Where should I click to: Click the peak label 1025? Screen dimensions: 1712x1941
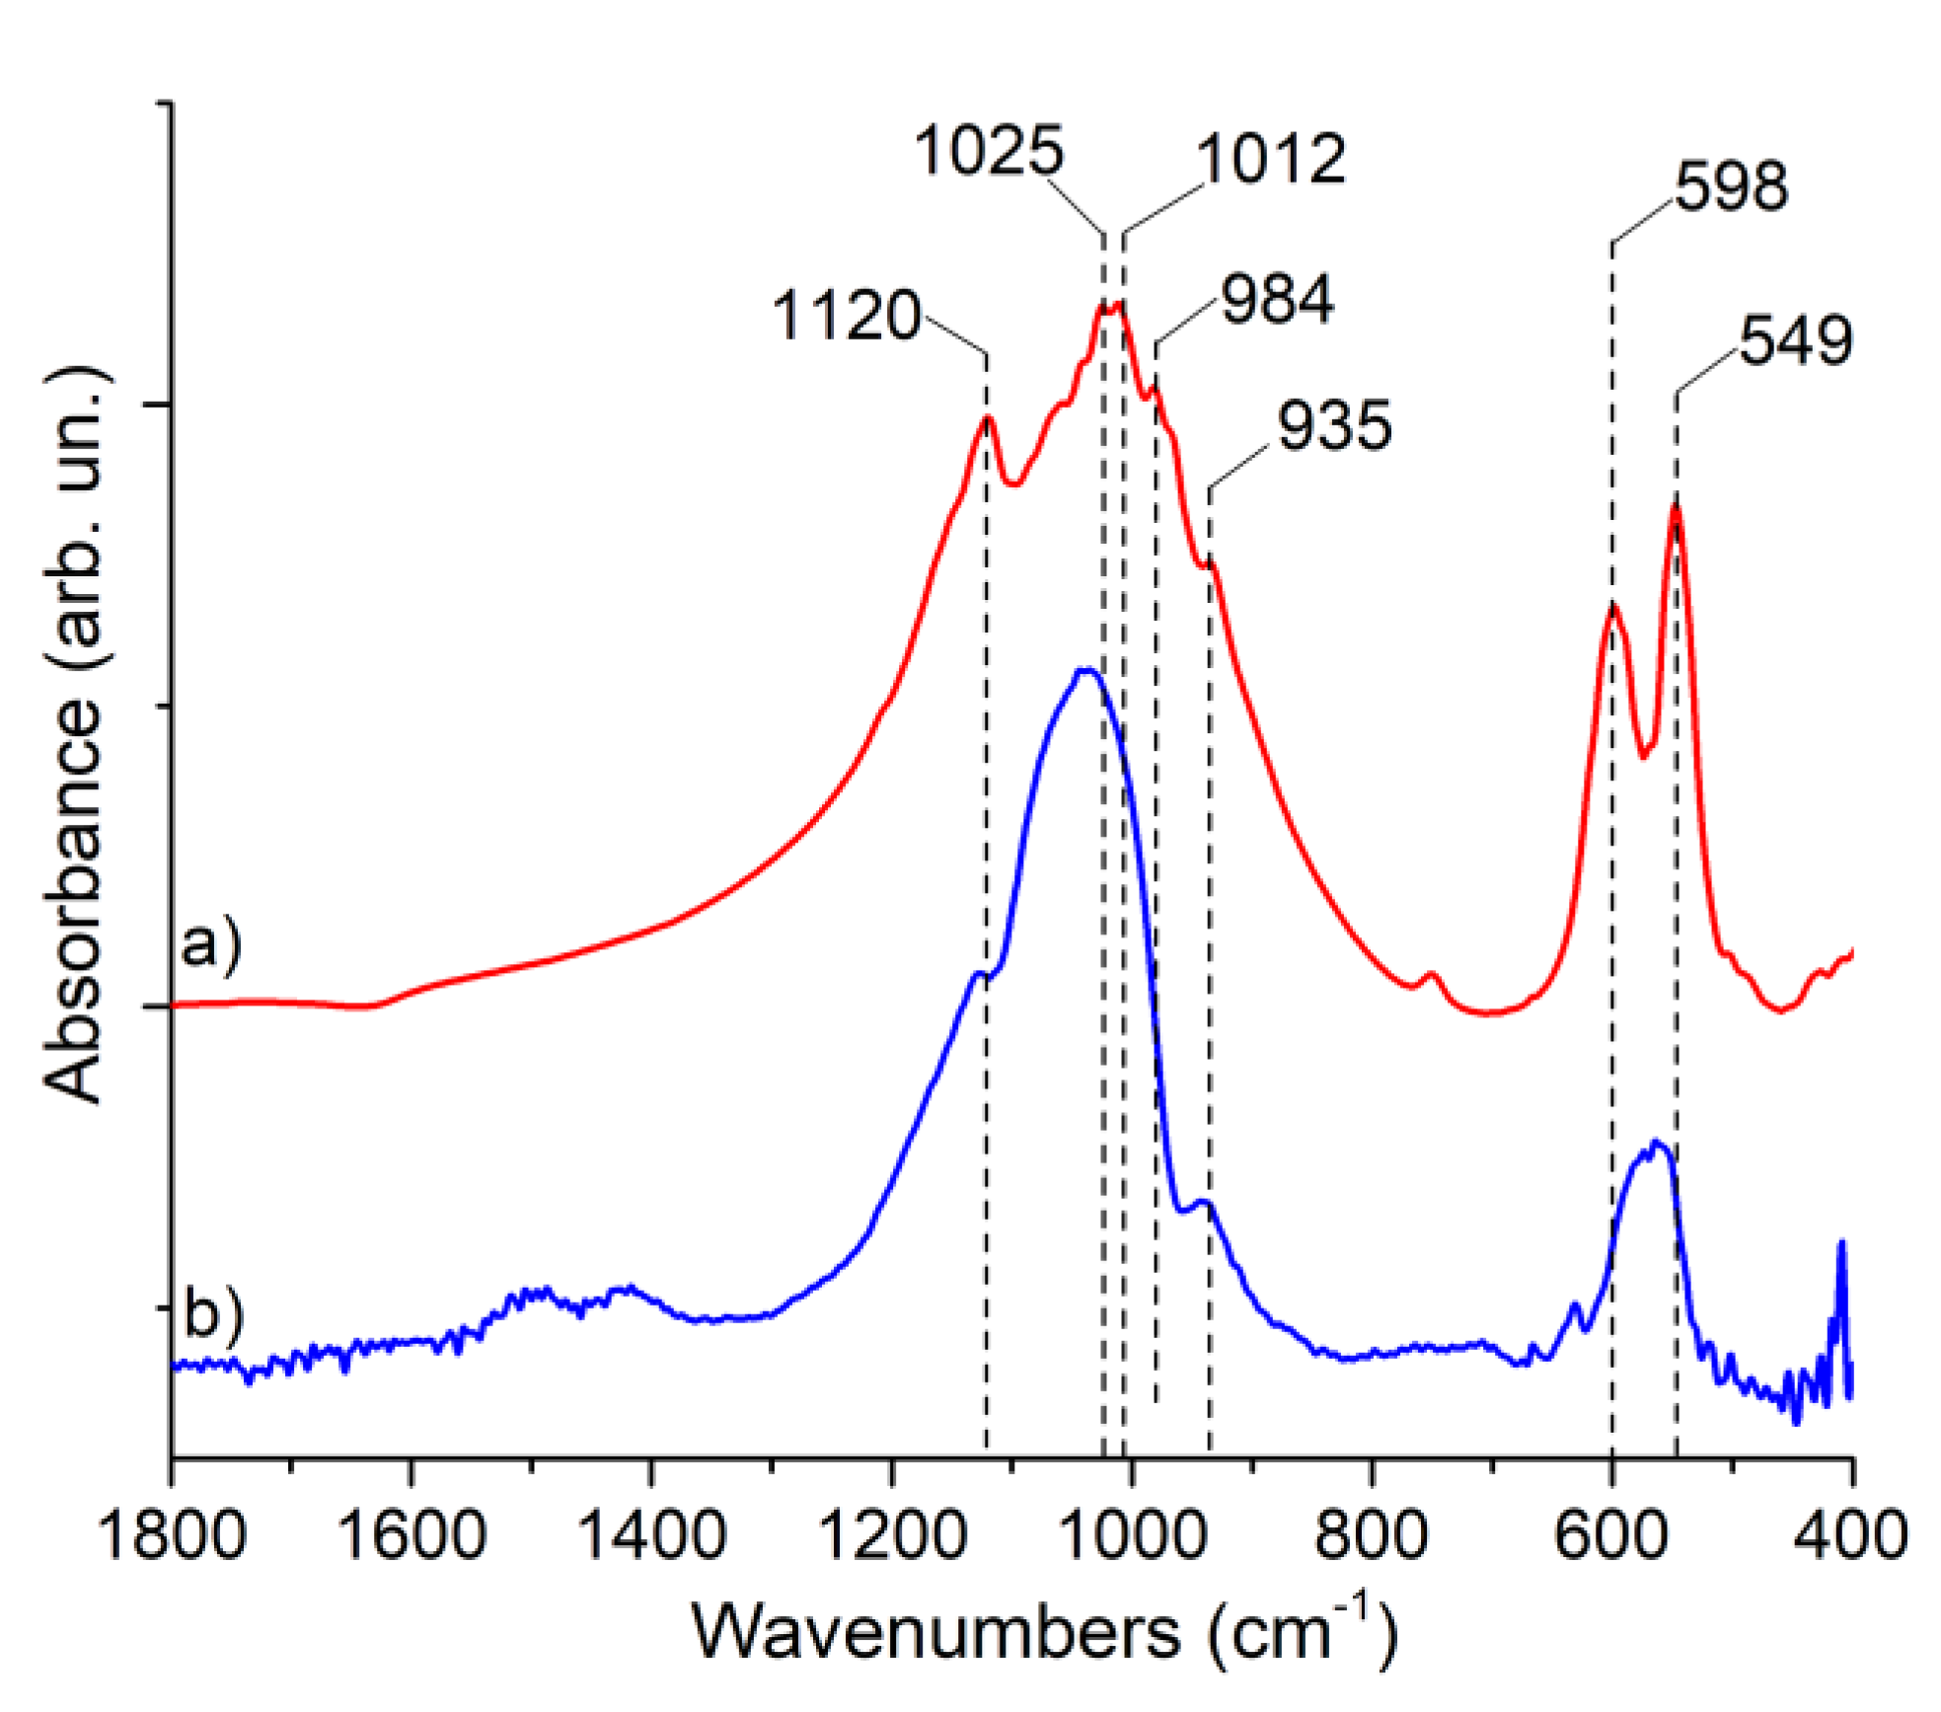[x=989, y=152]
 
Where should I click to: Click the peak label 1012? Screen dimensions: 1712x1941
[x=1271, y=159]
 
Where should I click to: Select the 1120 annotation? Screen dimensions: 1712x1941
[x=847, y=317]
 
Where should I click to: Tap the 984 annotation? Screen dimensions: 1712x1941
[x=1277, y=299]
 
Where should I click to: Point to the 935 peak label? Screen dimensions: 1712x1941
[x=1334, y=426]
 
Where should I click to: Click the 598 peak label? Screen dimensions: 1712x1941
[x=1731, y=186]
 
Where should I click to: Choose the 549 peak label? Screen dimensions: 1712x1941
[x=1795, y=341]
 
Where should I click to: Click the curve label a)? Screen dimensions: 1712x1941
[x=210, y=943]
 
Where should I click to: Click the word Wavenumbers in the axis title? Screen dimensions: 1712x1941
[x=935, y=1633]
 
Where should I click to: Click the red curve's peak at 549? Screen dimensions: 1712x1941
[x=1675, y=508]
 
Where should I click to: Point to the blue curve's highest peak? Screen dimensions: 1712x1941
[x=1086, y=671]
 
